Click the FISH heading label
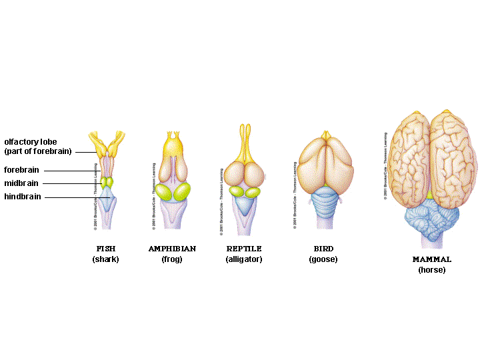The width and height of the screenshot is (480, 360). pos(106,249)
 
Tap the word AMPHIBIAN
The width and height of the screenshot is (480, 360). pos(172,249)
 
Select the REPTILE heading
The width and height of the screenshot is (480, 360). pos(244,249)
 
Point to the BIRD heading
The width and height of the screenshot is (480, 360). pos(323,249)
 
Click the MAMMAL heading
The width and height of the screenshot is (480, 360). pos(431,259)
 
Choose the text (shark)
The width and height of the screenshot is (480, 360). pos(106,259)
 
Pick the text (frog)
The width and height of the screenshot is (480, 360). pos(172,259)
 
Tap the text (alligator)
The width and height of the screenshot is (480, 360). pos(244,259)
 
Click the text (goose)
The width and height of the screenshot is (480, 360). pos(323,259)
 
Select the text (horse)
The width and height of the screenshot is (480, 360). pos(431,270)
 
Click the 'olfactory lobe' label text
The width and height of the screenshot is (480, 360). pos(31,141)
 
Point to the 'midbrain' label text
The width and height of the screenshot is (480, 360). pos(21,183)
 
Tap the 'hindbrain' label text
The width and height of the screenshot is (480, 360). pos(23,197)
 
